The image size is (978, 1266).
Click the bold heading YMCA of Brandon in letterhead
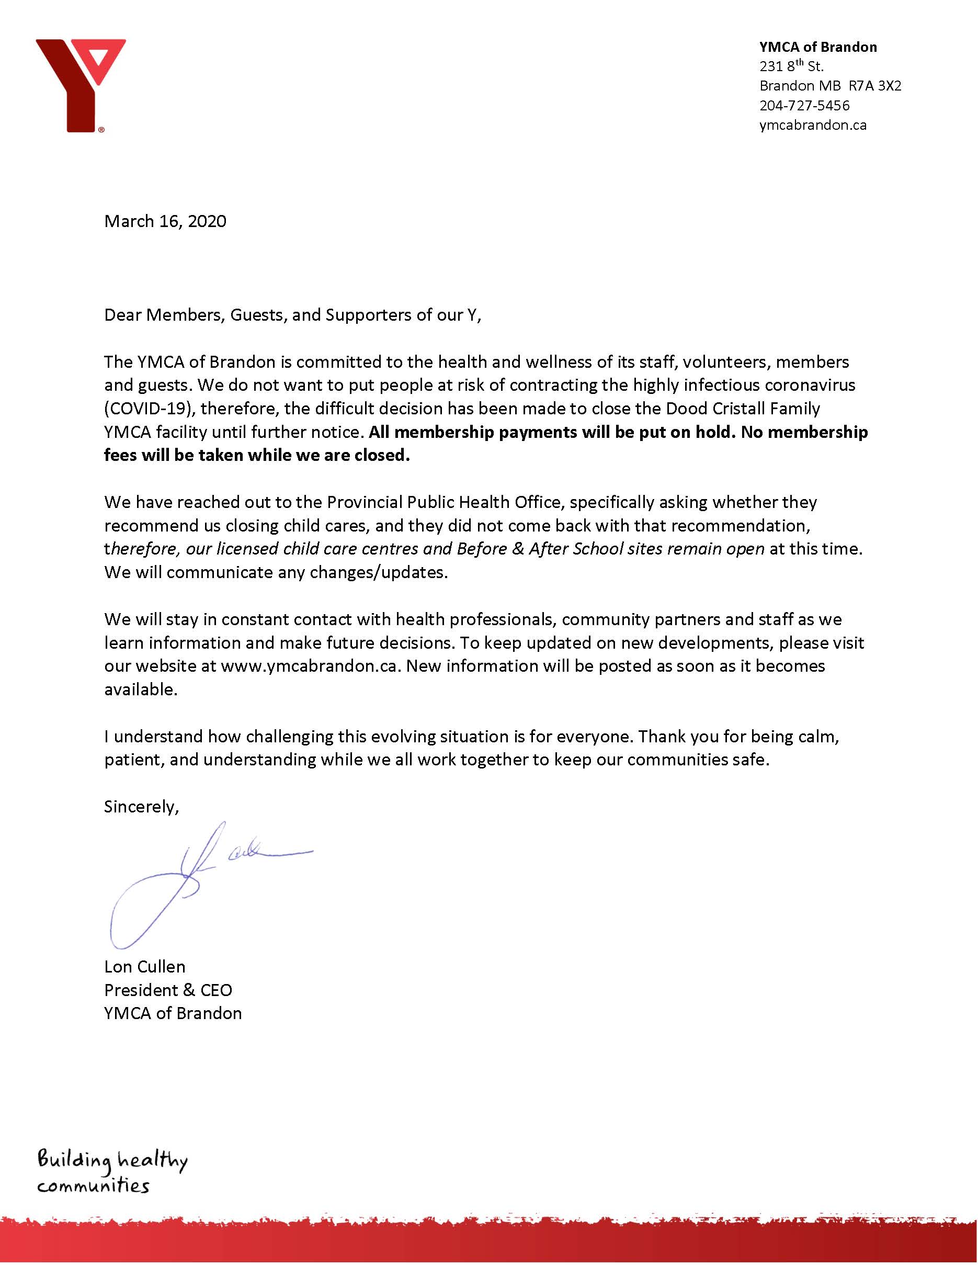coord(817,47)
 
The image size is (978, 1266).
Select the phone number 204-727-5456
coord(804,106)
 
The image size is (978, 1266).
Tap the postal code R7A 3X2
coord(874,86)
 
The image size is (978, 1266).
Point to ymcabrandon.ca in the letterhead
coord(812,125)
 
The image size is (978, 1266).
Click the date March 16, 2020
coord(165,221)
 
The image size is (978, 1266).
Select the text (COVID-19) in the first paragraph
coord(147,409)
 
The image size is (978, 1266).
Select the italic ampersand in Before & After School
coord(518,549)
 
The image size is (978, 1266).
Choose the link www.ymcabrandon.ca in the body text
coord(310,666)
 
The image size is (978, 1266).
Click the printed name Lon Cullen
coord(145,967)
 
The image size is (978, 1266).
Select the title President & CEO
coord(168,990)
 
